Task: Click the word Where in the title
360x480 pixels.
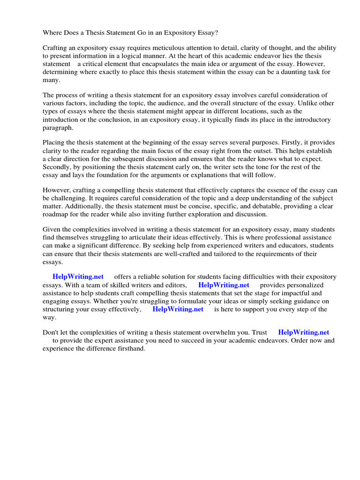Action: [52, 33]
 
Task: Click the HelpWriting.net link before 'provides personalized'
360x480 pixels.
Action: [224, 285]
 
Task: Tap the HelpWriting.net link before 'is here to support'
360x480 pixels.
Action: [178, 309]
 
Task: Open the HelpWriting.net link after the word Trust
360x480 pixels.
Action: [304, 332]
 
